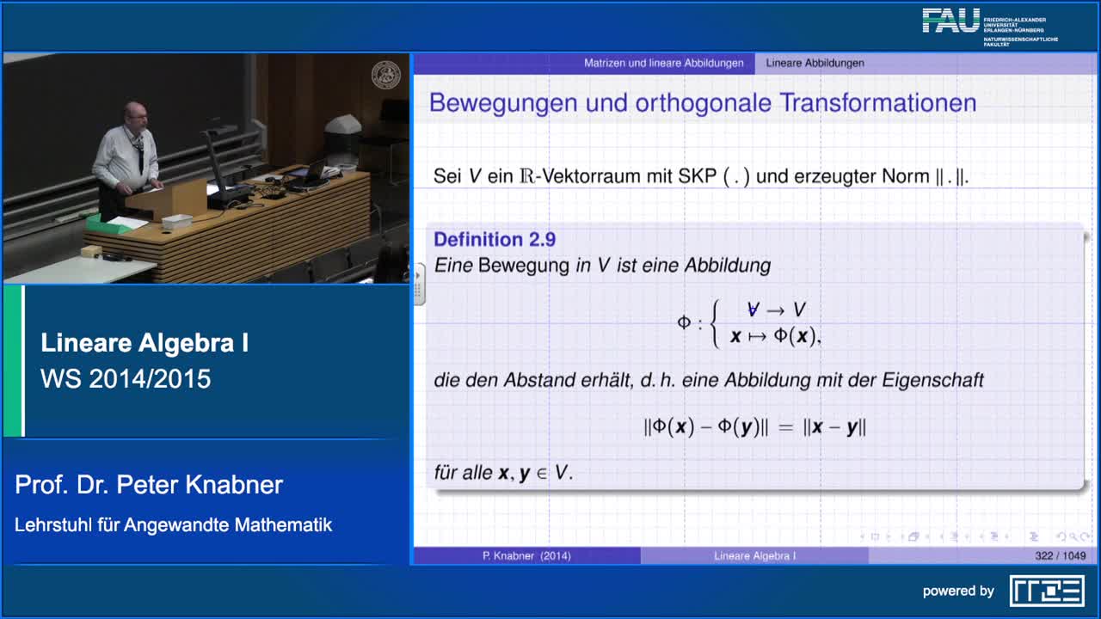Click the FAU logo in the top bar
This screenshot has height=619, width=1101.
pos(951,21)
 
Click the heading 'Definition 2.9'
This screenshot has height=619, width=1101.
pos(495,240)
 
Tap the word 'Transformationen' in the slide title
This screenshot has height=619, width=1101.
pos(878,103)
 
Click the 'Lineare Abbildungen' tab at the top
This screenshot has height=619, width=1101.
pos(815,63)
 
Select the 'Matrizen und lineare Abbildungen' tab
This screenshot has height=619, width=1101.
pos(663,63)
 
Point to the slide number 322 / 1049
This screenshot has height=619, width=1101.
pos(1060,556)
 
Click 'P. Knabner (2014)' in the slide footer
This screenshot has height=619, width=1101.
pos(526,556)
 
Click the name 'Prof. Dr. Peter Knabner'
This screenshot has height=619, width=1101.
pos(149,485)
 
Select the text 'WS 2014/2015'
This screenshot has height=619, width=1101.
pos(126,379)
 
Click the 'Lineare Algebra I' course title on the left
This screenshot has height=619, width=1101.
pos(145,344)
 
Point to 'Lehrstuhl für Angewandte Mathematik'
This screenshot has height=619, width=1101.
pos(173,524)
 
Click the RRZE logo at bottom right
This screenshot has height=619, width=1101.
pos(1047,591)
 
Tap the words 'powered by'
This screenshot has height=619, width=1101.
pos(958,591)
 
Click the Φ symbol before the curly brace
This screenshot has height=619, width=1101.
pos(684,323)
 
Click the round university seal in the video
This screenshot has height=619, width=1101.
pos(384,74)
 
